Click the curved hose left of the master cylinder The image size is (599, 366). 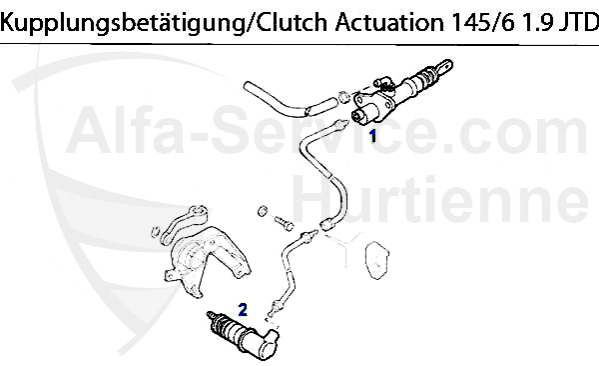290,101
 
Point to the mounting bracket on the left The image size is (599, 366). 205,258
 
